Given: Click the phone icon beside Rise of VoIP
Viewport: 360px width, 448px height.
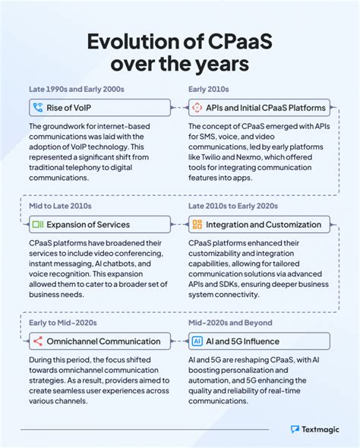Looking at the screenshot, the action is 36,107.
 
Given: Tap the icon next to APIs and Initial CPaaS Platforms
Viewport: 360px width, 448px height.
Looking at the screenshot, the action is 197,107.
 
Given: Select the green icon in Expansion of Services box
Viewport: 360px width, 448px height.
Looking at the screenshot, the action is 36,224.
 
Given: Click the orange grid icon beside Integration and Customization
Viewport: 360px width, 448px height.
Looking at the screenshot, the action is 197,224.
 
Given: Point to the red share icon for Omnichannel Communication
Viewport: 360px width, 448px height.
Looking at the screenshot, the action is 36,342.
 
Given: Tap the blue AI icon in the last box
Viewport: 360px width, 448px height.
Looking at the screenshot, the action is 197,342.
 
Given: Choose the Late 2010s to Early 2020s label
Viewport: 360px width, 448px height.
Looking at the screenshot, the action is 233,207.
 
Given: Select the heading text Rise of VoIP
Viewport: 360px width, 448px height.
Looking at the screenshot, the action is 74,107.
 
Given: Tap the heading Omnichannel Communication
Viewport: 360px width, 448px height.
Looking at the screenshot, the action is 103,342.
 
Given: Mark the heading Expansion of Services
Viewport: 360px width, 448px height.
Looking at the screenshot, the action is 87,224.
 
